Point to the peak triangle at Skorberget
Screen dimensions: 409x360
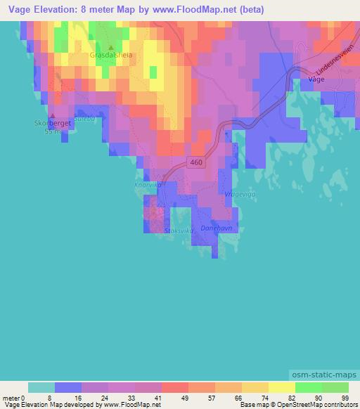51,116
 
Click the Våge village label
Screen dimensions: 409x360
317,81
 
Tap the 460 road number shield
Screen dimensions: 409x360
197,162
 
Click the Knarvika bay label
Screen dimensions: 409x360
148,186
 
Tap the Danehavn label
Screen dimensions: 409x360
216,228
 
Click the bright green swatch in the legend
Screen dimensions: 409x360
308,387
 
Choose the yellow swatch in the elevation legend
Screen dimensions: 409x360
281,387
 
